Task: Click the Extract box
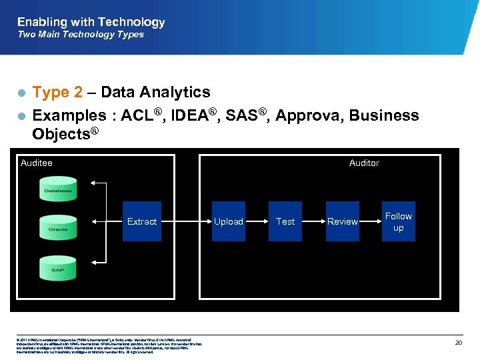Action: coord(141,221)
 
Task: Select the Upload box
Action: coord(229,221)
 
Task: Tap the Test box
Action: coord(285,221)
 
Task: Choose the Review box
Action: coord(342,221)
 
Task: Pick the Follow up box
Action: coord(399,221)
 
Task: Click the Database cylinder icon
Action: coord(58,189)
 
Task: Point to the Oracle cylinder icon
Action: coord(58,227)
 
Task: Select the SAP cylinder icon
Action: coord(58,267)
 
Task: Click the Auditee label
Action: coord(37,163)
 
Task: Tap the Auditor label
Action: coord(364,163)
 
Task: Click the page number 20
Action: coord(459,342)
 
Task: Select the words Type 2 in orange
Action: coord(58,93)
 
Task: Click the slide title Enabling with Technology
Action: coord(91,22)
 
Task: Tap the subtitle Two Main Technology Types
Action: coord(80,35)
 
